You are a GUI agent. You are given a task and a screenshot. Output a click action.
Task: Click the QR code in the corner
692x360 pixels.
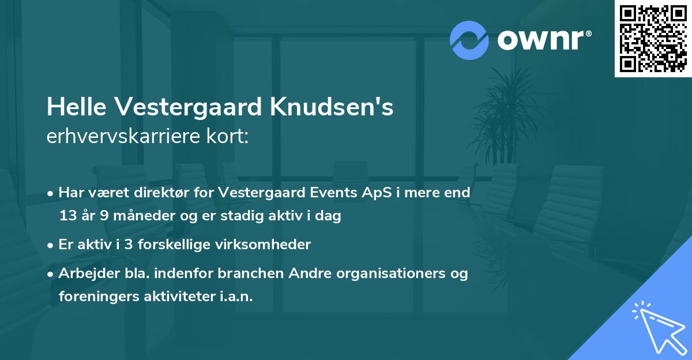pyautogui.click(x=653, y=38)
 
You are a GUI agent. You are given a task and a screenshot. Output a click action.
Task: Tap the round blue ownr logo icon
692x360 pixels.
pyautogui.click(x=469, y=40)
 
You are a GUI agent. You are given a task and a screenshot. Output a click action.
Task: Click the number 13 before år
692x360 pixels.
pyautogui.click(x=67, y=216)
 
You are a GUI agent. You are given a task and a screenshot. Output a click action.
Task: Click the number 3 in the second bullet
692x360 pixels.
pyautogui.click(x=129, y=245)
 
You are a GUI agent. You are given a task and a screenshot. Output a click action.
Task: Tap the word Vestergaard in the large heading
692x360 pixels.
pyautogui.click(x=193, y=107)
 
